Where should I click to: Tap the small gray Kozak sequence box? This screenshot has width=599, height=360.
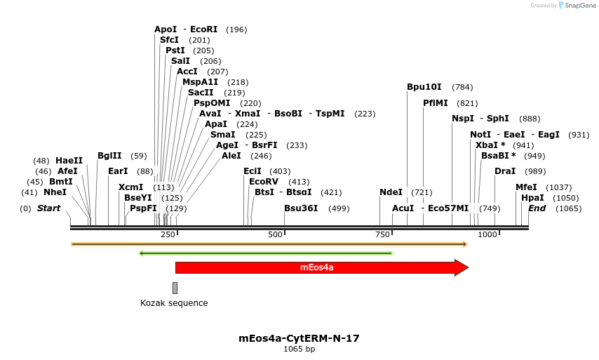click(175, 288)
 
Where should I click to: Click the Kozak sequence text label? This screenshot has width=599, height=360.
click(174, 303)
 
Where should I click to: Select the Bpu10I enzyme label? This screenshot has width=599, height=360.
click(424, 87)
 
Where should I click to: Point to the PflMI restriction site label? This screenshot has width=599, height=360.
click(435, 103)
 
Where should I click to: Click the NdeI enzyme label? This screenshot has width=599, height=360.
click(391, 192)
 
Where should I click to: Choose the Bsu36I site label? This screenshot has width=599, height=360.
click(301, 208)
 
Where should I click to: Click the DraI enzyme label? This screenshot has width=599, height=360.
click(505, 171)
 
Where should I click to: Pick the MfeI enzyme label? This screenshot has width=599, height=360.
click(526, 187)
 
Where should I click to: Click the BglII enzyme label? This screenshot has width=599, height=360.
click(109, 156)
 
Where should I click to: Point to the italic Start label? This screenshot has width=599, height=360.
click(48, 208)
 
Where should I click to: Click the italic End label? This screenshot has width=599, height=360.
click(537, 208)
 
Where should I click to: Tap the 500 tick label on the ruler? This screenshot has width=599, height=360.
click(275, 234)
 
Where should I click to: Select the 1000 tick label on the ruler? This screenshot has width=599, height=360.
click(487, 234)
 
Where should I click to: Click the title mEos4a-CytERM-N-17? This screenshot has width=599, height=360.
click(299, 338)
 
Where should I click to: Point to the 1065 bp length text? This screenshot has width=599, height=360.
click(299, 349)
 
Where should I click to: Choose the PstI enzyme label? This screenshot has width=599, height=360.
click(175, 51)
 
